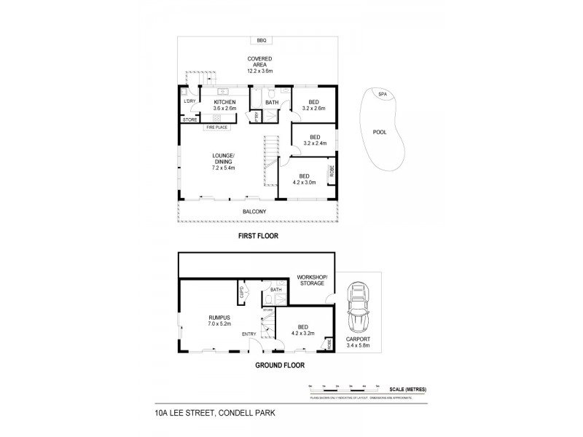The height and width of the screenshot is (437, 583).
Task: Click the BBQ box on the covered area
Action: click(261, 40)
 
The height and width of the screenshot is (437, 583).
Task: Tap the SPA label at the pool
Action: click(382, 94)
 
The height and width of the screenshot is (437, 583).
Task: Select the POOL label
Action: click(380, 133)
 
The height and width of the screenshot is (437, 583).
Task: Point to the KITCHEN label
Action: click(223, 103)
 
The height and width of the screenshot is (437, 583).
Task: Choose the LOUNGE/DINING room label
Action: click(222, 159)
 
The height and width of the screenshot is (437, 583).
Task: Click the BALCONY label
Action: click(254, 211)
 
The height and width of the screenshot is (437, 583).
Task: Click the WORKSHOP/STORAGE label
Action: click(312, 280)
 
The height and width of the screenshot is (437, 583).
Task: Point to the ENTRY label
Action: click(250, 334)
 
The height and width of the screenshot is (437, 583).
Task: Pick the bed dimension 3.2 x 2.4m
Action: click(315, 143)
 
